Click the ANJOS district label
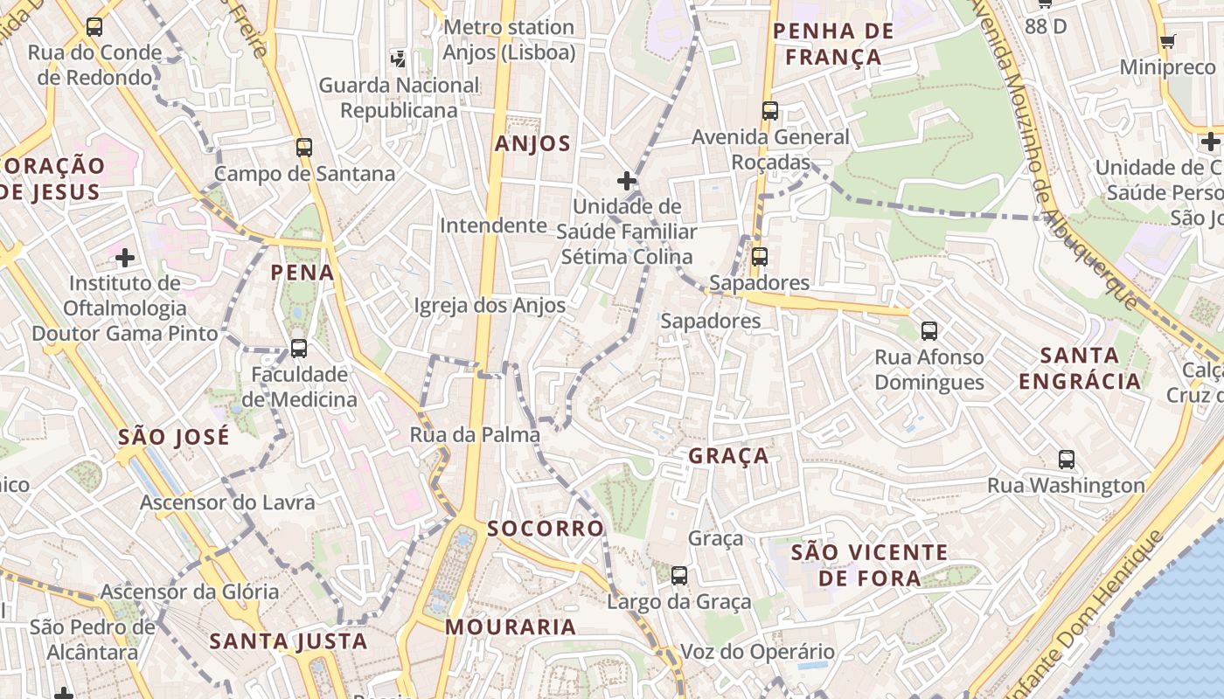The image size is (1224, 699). pos(532,144)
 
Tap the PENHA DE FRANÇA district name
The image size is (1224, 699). pos(833,45)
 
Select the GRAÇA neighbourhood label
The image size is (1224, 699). pos(728,455)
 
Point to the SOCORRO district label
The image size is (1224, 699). pos(546,529)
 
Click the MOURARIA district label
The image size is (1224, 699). pos(511,626)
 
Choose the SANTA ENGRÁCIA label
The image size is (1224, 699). pos(1080,368)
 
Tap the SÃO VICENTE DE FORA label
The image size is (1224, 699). pos(869,564)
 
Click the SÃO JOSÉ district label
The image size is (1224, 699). pos(174,436)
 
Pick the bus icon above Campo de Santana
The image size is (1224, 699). pos(304,148)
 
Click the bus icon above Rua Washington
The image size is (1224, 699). pos(1067,460)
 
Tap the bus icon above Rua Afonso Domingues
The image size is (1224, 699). pos(929,331)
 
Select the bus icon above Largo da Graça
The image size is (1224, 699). pos(679,576)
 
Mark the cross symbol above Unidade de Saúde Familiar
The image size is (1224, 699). pos(626,181)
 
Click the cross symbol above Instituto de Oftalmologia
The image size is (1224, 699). pos(125,258)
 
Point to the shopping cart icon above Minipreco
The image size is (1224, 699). pos(1167,41)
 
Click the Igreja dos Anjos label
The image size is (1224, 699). pos(489,306)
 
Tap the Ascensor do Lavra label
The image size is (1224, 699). pos(227,502)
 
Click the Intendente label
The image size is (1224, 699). pos(493,225)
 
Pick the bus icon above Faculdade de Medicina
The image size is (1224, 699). pos(299,349)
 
